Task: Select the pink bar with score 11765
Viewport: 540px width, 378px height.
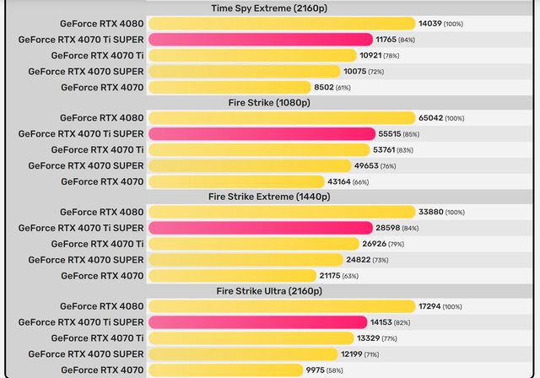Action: click(x=260, y=40)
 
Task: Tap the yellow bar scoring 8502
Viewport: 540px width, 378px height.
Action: click(x=229, y=87)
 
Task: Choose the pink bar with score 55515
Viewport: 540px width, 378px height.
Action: click(x=262, y=134)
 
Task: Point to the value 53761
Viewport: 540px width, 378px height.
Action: click(x=396, y=149)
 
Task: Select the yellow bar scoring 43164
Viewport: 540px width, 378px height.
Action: click(x=235, y=181)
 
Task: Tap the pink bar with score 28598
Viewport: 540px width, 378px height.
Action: click(x=260, y=228)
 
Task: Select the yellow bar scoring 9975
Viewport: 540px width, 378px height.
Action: click(x=224, y=370)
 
